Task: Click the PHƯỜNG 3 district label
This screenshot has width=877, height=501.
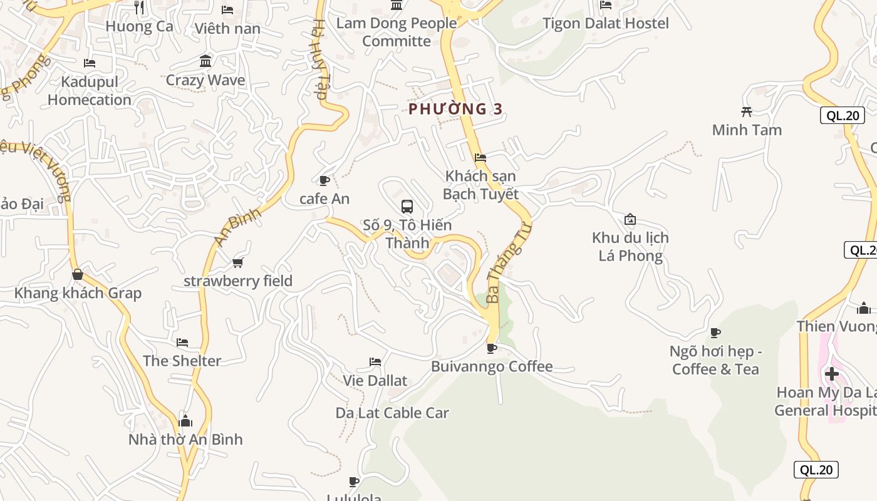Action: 455,109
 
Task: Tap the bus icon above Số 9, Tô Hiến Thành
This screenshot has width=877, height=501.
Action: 407,206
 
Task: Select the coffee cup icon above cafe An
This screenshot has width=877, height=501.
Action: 324,181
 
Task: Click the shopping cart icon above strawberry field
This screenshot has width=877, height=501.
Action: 237,262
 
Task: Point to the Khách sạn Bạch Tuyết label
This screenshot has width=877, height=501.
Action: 480,185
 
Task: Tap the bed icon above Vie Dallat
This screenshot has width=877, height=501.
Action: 375,361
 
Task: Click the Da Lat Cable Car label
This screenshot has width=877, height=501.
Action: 392,413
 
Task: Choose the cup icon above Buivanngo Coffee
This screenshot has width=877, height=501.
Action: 492,348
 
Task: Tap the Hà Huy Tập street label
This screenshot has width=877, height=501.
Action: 320,59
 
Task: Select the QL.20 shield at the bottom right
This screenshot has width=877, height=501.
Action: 816,470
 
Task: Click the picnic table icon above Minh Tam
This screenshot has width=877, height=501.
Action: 747,111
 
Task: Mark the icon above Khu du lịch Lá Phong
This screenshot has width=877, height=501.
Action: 630,219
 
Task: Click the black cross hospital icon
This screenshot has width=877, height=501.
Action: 832,374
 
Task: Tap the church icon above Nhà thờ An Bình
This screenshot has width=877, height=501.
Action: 185,420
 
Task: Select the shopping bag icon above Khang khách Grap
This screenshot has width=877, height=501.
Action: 78,274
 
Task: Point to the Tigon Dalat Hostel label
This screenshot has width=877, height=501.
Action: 605,23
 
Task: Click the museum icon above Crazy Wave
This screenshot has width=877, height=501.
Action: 205,61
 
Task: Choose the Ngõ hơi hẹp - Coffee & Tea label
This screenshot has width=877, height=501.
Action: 715,360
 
